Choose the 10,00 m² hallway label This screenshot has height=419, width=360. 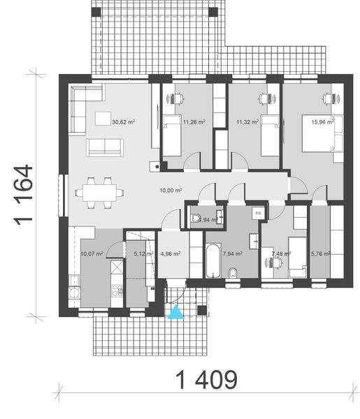coord(171,189)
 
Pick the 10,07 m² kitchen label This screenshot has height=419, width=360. coord(92,254)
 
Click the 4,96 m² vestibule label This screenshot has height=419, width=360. coord(171,254)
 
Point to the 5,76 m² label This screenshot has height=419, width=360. coord(320,254)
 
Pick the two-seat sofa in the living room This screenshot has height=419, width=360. coord(103,147)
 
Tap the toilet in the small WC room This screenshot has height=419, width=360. coord(197,216)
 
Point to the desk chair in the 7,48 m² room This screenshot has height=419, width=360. coord(272,263)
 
